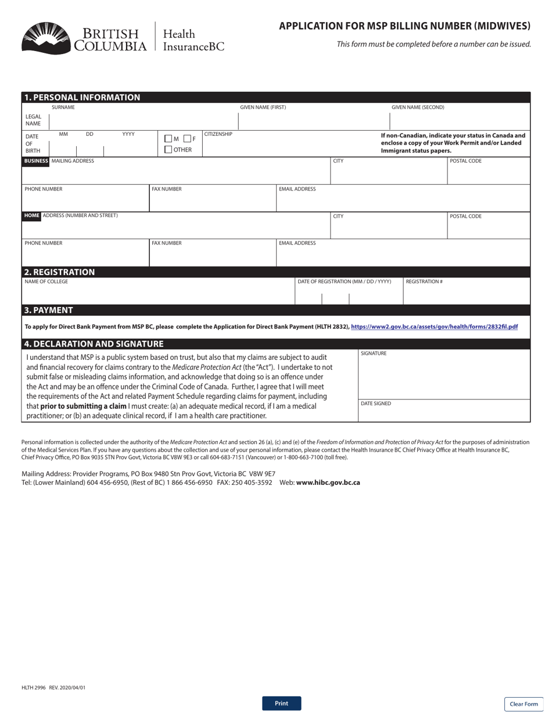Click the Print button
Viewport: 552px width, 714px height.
[281, 703]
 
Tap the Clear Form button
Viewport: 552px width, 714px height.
[524, 704]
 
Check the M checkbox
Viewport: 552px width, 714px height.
[169, 139]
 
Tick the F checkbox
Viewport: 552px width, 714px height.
[187, 139]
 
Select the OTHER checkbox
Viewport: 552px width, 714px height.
[169, 150]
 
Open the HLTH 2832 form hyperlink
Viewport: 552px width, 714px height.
[434, 327]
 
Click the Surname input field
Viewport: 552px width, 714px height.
[144, 121]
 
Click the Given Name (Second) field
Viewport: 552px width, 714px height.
[459, 121]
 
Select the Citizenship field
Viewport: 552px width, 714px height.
[288, 146]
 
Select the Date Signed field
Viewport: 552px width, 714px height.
[444, 413]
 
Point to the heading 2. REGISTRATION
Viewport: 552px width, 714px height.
[59, 272]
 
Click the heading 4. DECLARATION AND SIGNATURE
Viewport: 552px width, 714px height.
[94, 344]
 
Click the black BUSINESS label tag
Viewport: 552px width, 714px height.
[35, 161]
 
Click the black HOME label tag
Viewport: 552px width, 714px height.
[31, 216]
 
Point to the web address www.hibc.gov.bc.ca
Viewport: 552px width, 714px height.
[328, 482]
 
